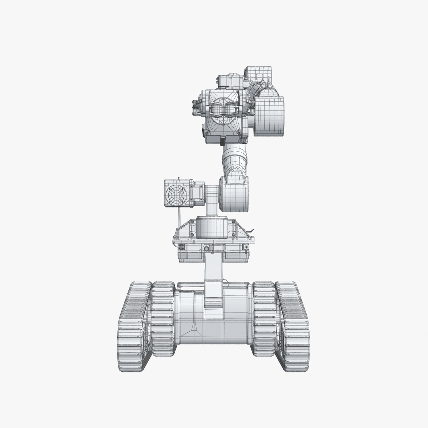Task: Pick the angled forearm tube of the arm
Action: [234, 157]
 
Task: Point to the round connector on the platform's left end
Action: [181, 248]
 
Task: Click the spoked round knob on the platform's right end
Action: [245, 248]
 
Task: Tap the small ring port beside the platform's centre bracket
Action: [206, 248]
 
